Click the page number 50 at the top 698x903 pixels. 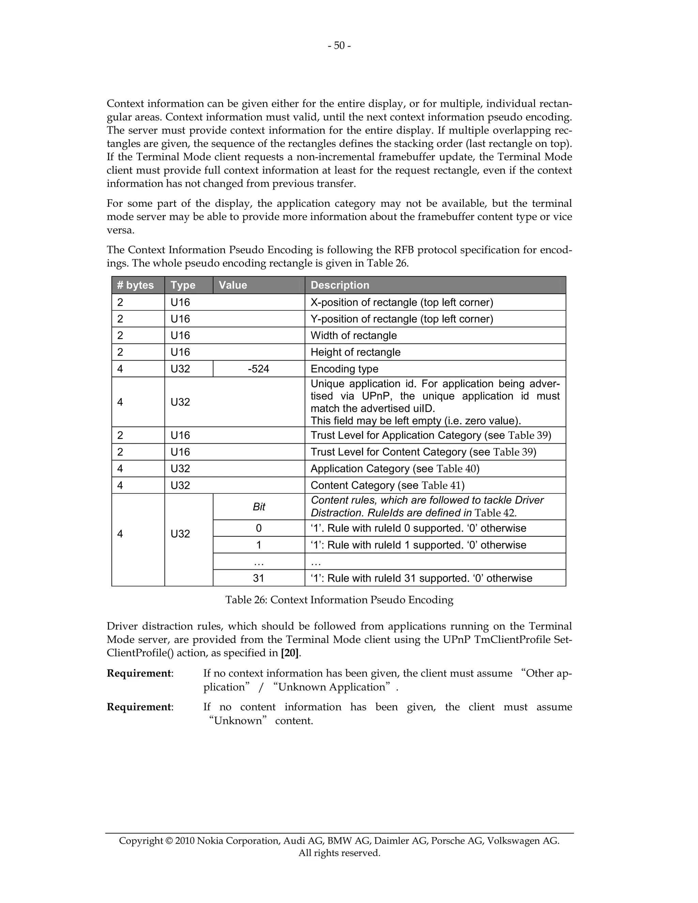pos(339,45)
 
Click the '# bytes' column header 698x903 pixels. pos(135,285)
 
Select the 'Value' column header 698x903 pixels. pos(233,285)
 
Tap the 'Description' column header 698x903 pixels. pos(339,285)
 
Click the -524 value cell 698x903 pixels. pos(258,369)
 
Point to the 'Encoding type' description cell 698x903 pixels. pos(344,369)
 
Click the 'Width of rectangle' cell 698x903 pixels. pos(353,335)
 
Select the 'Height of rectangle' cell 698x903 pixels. pos(355,352)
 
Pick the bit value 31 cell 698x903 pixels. pos(258,578)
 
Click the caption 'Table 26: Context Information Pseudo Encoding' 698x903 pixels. pos(339,600)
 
